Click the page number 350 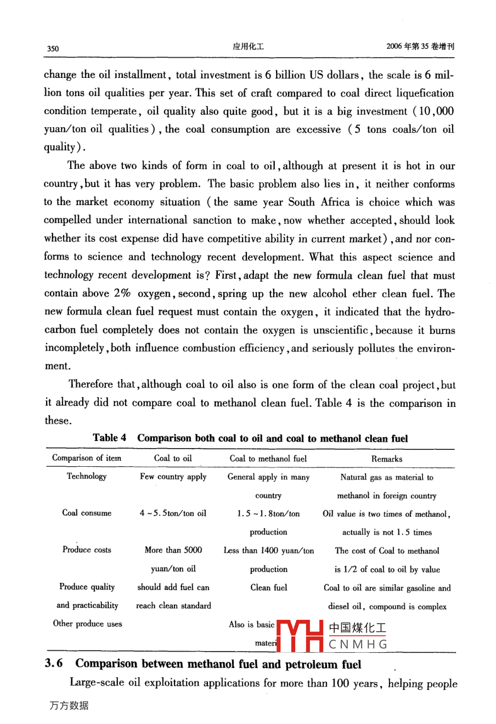coord(53,48)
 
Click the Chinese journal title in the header coord(248,47)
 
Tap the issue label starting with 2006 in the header coord(420,47)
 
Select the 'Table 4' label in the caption coord(109,438)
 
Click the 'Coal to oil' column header coord(173,458)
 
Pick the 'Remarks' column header coord(387,459)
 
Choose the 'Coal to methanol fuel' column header coord(268,459)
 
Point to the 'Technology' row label coord(87,476)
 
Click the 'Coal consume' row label coord(87,513)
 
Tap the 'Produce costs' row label coord(87,550)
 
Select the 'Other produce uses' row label coord(87,624)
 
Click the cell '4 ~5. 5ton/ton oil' coord(173,513)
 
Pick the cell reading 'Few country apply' coord(173,477)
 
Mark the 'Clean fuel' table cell coord(268,587)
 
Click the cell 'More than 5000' coord(173,550)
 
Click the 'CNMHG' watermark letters coord(358,644)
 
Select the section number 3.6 coord(54,664)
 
